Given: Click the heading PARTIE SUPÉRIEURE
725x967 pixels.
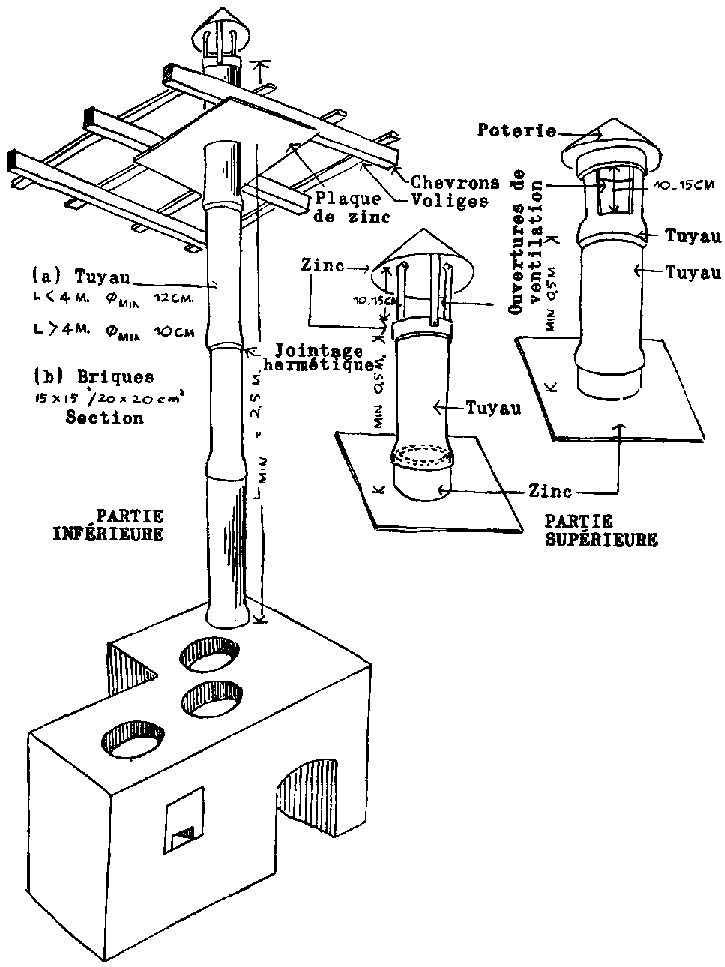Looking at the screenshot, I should pyautogui.click(x=602, y=530).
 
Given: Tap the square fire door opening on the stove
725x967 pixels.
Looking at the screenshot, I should pyautogui.click(x=184, y=820).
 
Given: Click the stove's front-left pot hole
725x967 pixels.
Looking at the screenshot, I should pyautogui.click(x=132, y=737).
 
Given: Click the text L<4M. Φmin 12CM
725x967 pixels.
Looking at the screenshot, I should pyautogui.click(x=118, y=298).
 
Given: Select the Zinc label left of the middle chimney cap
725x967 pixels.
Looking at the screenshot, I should pyautogui.click(x=320, y=266).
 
